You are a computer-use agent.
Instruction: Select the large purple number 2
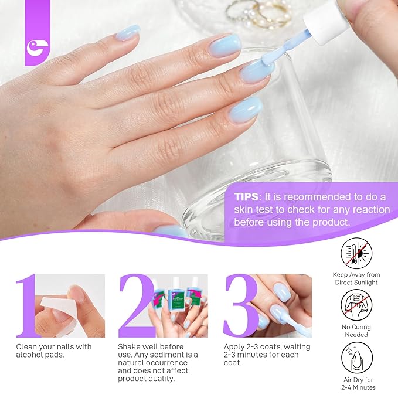coord(135,305)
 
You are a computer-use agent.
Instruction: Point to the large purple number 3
coord(240,305)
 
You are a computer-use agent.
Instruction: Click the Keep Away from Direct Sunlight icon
coord(357,253)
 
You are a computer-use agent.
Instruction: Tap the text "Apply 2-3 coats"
coord(254,346)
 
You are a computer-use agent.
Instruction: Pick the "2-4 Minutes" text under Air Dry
coord(357,387)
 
